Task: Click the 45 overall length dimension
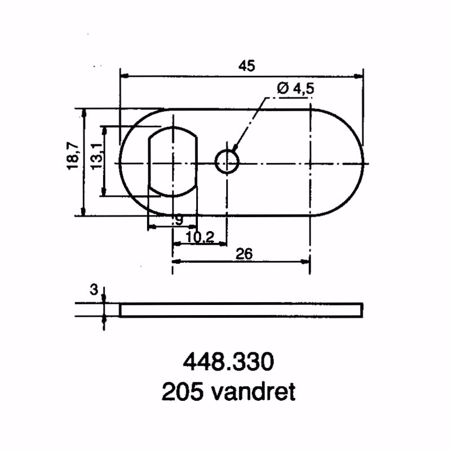[x=246, y=65]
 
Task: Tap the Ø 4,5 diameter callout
[x=295, y=89]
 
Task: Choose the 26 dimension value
[x=244, y=254]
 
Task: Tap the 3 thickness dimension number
[x=94, y=290]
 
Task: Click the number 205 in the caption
[x=182, y=392]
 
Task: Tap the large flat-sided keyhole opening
[x=173, y=162]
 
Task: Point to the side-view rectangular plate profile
[x=241, y=310]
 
